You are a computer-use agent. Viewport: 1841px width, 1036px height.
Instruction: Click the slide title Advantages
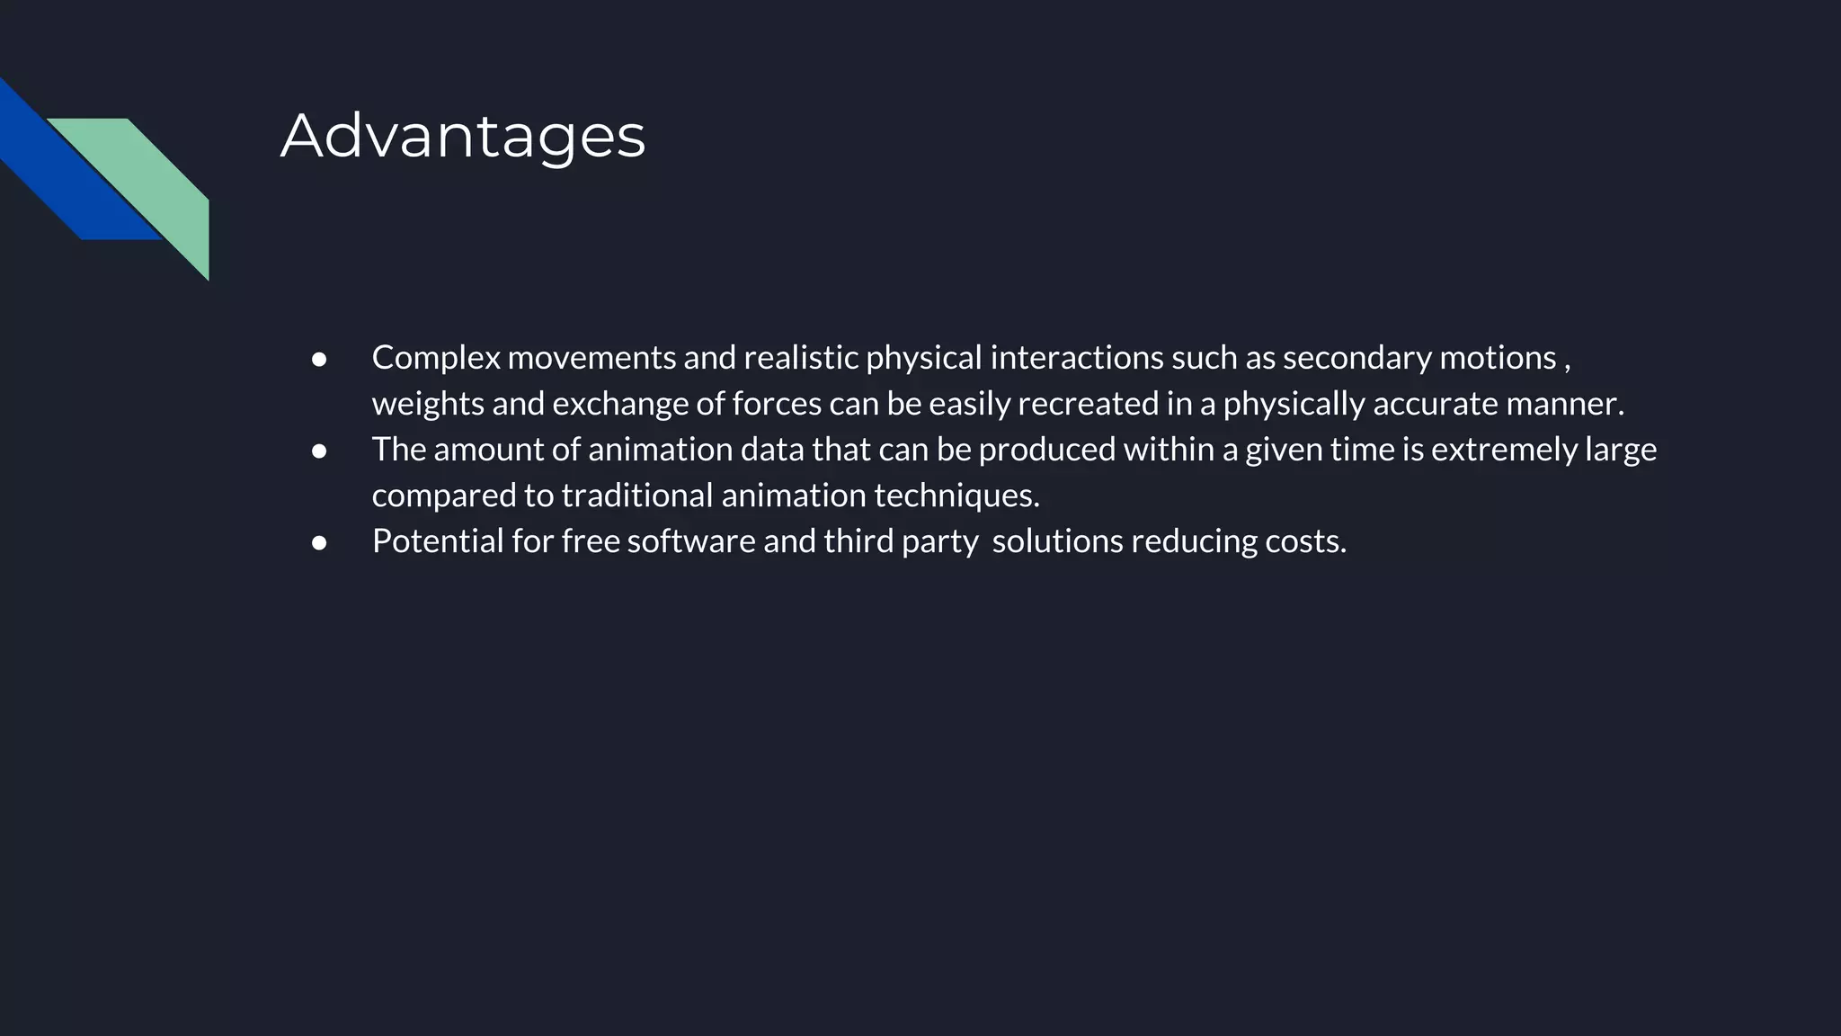pos(463,136)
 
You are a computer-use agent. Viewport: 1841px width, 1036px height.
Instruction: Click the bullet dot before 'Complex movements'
pos(319,359)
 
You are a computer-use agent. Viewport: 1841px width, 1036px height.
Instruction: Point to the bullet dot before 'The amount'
pos(319,451)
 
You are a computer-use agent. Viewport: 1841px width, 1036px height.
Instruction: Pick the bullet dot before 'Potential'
pos(319,542)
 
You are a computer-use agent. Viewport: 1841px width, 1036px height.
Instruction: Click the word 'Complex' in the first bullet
pos(436,358)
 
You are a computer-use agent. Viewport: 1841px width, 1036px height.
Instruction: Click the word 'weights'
pos(428,404)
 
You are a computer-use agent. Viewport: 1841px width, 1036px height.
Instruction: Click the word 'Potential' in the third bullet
pos(438,541)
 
